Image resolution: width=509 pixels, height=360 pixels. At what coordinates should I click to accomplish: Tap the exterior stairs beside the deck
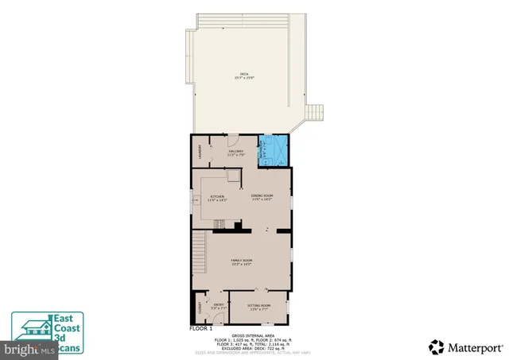pyautogui.click(x=316, y=111)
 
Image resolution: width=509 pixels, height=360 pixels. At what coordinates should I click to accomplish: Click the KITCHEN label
pyautogui.click(x=217, y=197)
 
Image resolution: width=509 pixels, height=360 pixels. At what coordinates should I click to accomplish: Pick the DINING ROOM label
pyautogui.click(x=262, y=197)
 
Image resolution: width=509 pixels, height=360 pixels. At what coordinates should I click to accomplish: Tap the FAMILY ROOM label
pyautogui.click(x=241, y=262)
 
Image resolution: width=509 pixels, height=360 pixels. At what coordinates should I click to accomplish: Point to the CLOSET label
pyautogui.click(x=197, y=308)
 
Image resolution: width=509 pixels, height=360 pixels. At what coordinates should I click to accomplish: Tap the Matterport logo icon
pyautogui.click(x=437, y=346)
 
